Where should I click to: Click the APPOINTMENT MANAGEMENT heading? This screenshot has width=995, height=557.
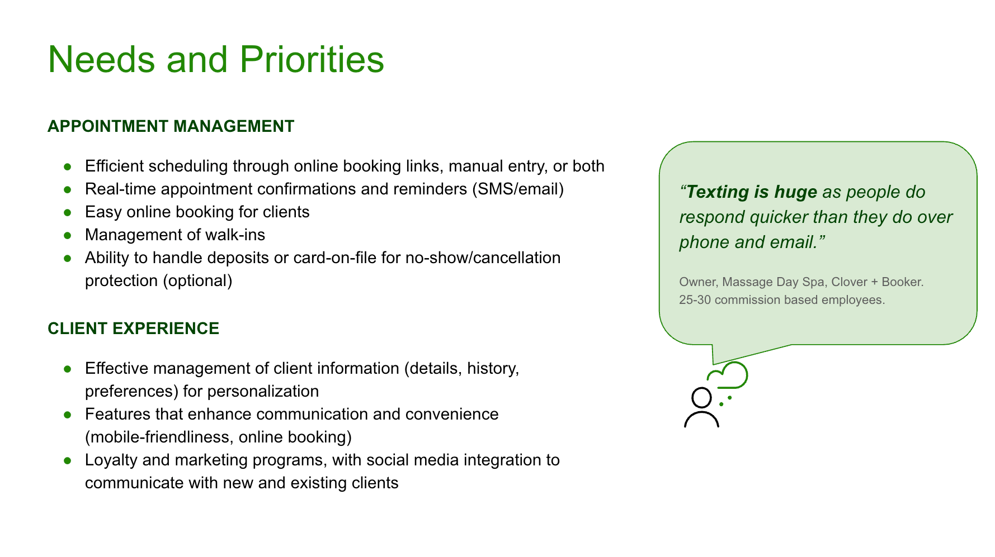pyautogui.click(x=171, y=126)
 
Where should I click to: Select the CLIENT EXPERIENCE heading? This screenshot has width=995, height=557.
pyautogui.click(x=133, y=329)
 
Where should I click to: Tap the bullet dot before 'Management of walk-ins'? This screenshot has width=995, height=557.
pyautogui.click(x=68, y=235)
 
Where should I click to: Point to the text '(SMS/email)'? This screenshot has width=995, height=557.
pyautogui.click(x=518, y=189)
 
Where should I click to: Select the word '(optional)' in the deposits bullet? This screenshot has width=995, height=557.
pyautogui.click(x=197, y=280)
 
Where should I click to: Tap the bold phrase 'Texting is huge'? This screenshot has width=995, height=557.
pyautogui.click(x=751, y=192)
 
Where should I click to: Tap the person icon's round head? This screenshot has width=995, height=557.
pyautogui.click(x=701, y=398)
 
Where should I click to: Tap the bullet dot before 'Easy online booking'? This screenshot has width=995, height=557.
pyautogui.click(x=68, y=212)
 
